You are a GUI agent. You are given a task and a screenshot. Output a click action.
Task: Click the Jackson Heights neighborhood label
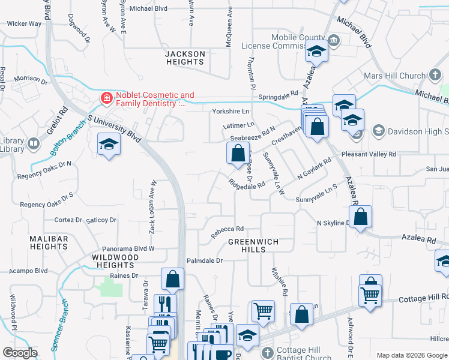coord(185,58)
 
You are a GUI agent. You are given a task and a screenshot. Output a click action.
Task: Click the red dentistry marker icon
coord(106,97)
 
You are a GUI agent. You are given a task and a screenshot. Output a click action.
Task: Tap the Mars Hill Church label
coord(394,76)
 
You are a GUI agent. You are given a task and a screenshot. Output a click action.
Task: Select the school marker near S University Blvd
coord(109,144)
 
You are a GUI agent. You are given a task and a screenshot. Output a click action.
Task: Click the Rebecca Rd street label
coord(227,230)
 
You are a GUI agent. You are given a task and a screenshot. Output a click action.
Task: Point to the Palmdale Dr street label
coord(204,261)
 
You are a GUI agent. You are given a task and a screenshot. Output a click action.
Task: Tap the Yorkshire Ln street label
coord(230,112)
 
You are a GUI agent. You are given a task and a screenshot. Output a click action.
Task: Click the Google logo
coord(19,353)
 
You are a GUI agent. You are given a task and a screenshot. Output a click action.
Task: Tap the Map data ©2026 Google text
coord(412,355)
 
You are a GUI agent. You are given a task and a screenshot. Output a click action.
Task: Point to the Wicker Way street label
coord(24,24)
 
